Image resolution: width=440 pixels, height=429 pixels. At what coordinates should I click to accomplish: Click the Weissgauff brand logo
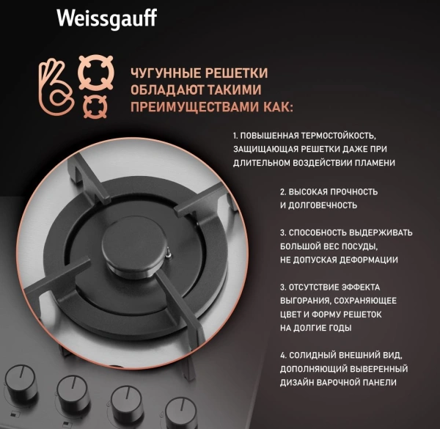click(106, 18)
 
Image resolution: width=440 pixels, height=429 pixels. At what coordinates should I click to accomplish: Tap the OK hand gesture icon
click(53, 86)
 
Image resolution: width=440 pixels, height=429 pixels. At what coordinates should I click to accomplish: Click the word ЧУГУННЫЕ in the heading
click(162, 73)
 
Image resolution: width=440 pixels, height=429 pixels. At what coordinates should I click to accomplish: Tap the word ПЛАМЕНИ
click(373, 163)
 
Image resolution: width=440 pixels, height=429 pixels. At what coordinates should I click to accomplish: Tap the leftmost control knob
click(20, 381)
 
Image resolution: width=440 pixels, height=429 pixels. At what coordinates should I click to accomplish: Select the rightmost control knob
click(180, 411)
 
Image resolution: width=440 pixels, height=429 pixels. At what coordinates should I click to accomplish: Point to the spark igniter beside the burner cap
click(169, 254)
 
